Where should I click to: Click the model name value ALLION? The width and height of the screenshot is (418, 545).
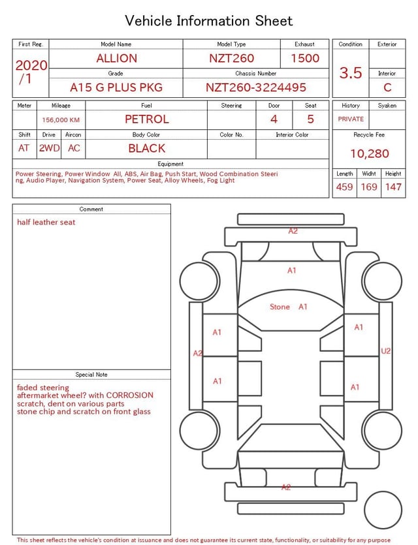tap(116, 58)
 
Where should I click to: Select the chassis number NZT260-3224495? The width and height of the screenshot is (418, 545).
tap(255, 87)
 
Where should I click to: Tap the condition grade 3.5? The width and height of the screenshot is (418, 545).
tap(351, 73)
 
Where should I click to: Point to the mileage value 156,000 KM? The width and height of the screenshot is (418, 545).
tap(61, 120)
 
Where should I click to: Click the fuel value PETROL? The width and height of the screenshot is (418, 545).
tap(146, 119)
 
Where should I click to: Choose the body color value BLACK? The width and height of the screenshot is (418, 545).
tap(146, 148)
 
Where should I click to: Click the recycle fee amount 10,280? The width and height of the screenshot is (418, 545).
tap(369, 154)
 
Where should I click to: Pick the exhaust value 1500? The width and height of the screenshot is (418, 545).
tap(305, 58)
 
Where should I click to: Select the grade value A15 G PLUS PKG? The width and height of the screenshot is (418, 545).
tap(116, 87)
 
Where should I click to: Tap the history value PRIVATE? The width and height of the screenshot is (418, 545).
tap(351, 119)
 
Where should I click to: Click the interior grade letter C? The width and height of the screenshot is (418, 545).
tap(387, 87)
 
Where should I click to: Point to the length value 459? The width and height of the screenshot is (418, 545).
tap(344, 187)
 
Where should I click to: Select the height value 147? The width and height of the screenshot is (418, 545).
tap(393, 187)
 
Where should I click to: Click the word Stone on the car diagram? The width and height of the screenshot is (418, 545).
tap(280, 307)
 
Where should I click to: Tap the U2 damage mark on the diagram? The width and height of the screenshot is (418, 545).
tap(385, 351)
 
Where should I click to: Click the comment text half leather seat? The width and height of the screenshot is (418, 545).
tap(46, 223)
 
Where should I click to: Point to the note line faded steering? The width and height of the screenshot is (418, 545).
tap(42, 388)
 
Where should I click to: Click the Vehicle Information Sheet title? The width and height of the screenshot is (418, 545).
tap(208, 21)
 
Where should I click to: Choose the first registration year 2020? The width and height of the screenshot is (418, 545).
tap(31, 65)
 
